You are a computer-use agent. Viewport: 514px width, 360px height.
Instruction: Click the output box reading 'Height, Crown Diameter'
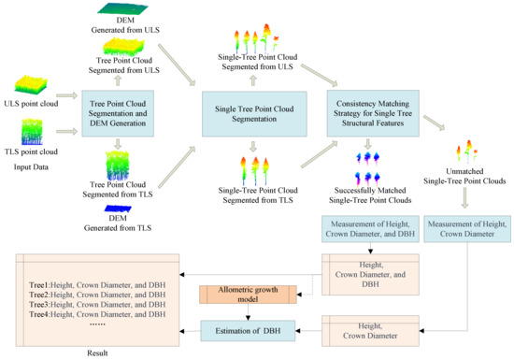(364, 332)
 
